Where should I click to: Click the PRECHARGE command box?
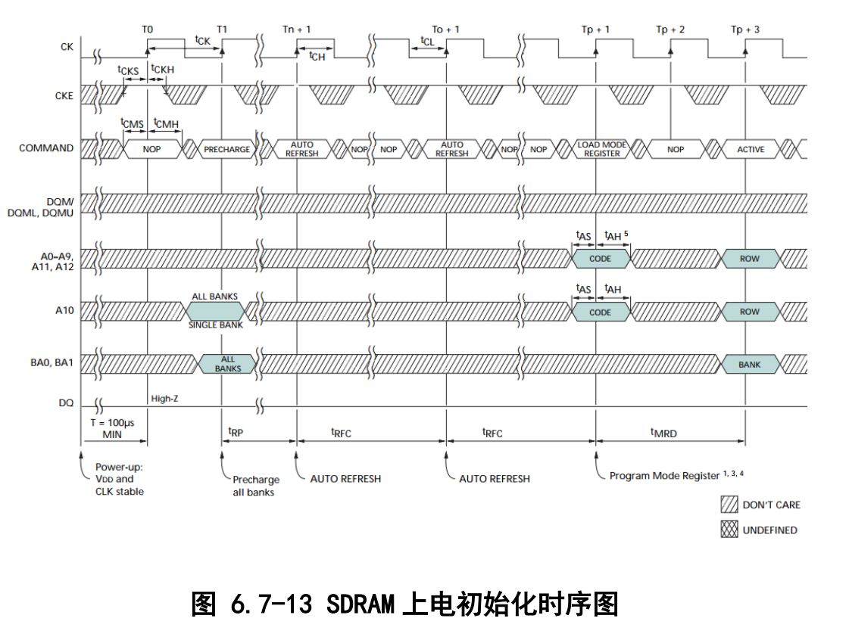coord(226,149)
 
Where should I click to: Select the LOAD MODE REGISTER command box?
coord(602,149)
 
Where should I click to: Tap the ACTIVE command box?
coord(751,149)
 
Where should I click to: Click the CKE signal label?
coord(64,96)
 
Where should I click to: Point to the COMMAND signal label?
coord(46,148)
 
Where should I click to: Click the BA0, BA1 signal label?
coord(52,363)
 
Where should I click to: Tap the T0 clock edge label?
coord(147,29)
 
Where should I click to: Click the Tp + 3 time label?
coord(745,29)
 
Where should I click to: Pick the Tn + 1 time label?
coord(297,29)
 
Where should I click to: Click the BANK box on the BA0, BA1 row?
coord(750,364)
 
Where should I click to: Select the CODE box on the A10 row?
coord(600,312)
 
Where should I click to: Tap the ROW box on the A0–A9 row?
coord(750,259)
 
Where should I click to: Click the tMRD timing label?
coord(663,433)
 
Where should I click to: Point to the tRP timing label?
coord(236,431)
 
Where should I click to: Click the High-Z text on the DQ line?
coord(164,398)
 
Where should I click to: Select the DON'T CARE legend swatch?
coord(729,505)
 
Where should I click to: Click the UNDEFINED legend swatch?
coord(729,530)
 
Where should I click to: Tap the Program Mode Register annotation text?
coord(664,475)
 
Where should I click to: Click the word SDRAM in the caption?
coord(361,604)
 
